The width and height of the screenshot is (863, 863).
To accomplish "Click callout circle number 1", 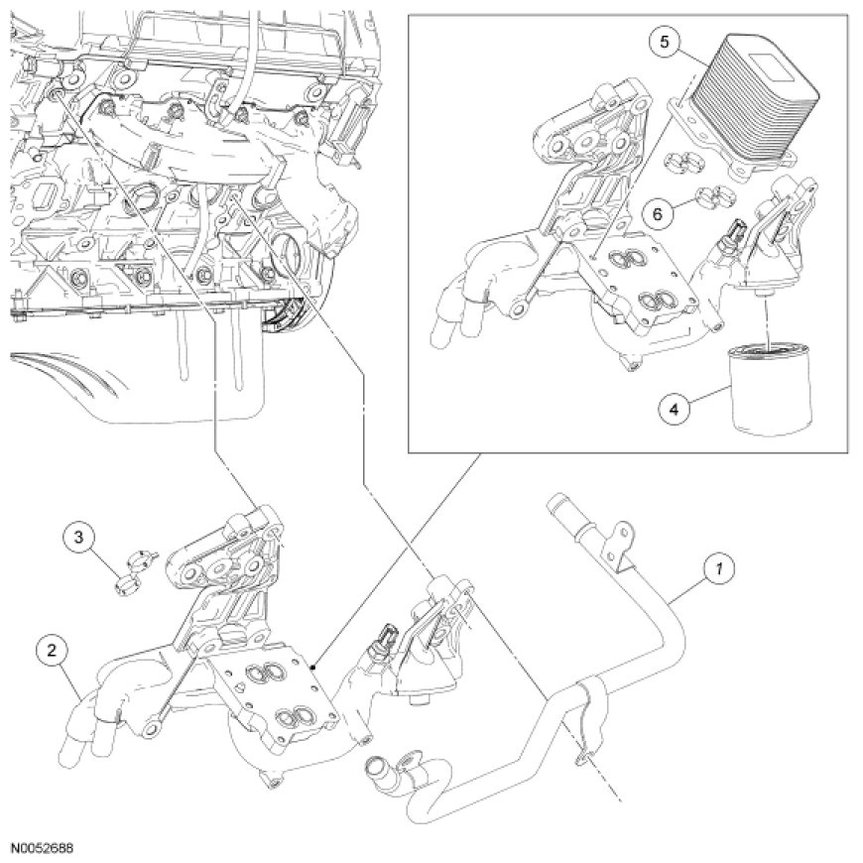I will (718, 568).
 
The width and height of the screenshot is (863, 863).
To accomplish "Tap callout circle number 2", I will (53, 650).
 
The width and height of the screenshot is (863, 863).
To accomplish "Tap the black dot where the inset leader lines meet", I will (313, 669).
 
